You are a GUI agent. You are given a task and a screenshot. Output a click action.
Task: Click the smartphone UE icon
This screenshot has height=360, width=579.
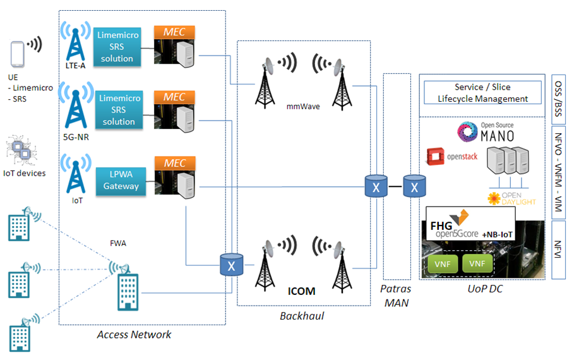[18, 54]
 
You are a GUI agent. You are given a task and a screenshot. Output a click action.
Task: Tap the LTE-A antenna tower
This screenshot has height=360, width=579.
[75, 42]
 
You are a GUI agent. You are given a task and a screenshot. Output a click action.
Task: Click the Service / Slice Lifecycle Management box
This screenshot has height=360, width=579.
[482, 93]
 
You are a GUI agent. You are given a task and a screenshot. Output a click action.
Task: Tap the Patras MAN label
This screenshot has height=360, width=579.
[397, 294]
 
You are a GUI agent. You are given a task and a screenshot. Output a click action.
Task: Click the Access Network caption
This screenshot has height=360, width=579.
[134, 335]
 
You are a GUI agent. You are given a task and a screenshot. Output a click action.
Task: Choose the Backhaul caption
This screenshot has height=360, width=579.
[301, 316]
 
